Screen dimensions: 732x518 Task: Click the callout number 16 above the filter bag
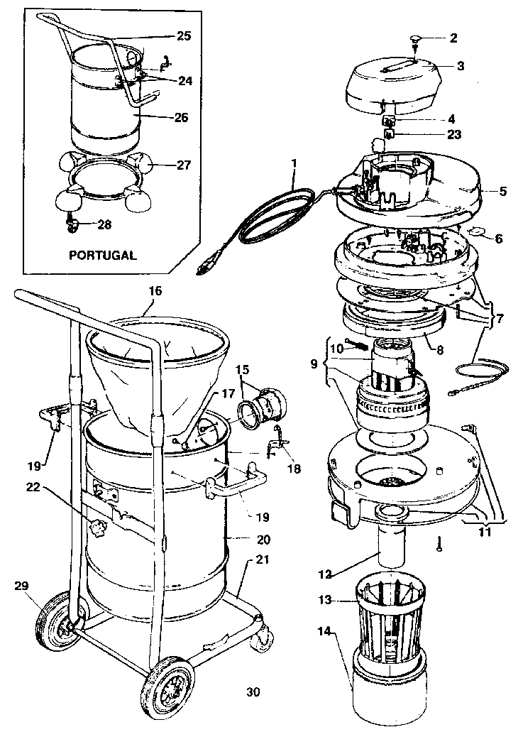click(155, 291)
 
